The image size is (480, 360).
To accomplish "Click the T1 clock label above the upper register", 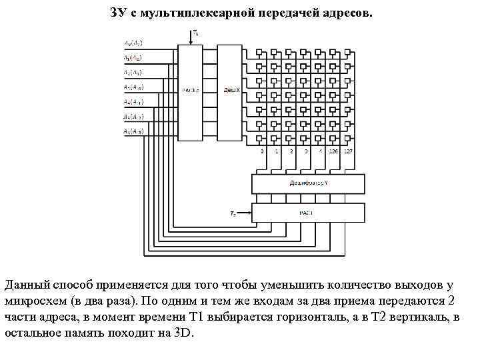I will pos(195,32).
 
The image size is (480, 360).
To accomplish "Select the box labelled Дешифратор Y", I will pos(307,183).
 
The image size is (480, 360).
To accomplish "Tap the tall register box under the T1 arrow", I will pos(191,92).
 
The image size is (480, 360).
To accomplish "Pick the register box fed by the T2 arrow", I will pos(307,213).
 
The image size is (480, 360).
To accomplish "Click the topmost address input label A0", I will pos(133,43).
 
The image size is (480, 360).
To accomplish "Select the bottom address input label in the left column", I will pos(133,131).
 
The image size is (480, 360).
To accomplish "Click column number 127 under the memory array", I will pos(348,152).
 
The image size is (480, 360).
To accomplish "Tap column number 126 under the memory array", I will pos(333,152).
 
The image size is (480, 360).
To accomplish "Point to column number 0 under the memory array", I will pos(262,152).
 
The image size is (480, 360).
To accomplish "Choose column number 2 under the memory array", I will pos(291,152).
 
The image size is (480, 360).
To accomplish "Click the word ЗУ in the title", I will pos(117,13).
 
